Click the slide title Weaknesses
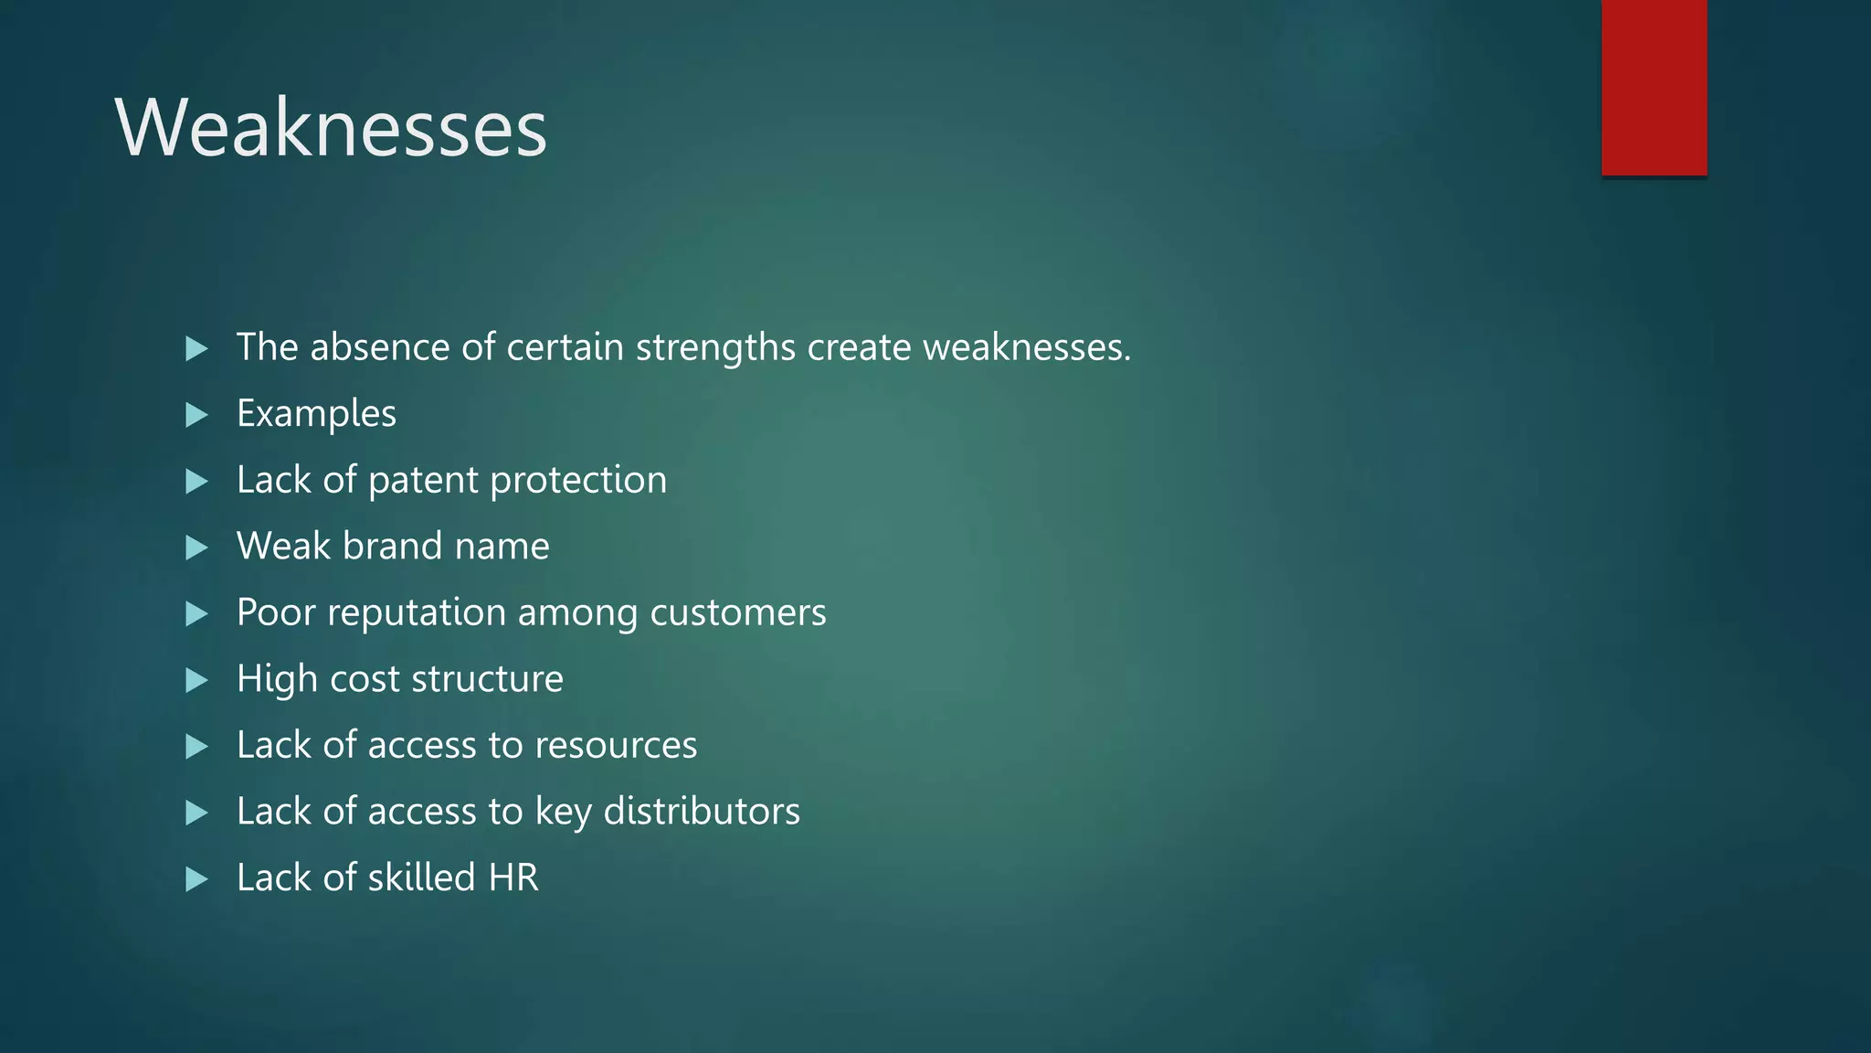click(x=331, y=128)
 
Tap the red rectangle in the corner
click(x=1654, y=88)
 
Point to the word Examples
click(x=316, y=414)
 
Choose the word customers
click(x=737, y=612)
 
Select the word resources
click(x=615, y=746)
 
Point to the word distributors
click(x=702, y=812)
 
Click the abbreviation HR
click(x=513, y=877)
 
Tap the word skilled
click(x=421, y=877)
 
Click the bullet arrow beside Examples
click(x=196, y=415)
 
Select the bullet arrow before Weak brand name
click(x=196, y=548)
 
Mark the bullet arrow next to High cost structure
click(x=196, y=680)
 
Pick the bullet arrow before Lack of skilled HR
click(x=196, y=879)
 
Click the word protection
click(x=578, y=481)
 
